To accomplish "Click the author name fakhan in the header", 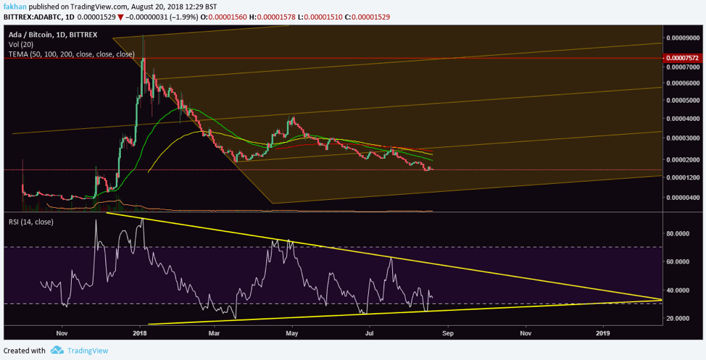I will coord(15,7).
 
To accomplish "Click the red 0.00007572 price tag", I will coord(684,57).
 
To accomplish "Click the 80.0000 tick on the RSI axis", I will coord(680,234).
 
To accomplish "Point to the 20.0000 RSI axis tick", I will coord(680,318).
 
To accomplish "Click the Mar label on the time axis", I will coord(214,334).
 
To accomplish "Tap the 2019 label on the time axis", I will coord(603,334).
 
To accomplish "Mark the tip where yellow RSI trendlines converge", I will coord(662,299).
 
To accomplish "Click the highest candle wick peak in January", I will coord(144,35).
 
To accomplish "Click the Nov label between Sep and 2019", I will coord(525,334).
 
